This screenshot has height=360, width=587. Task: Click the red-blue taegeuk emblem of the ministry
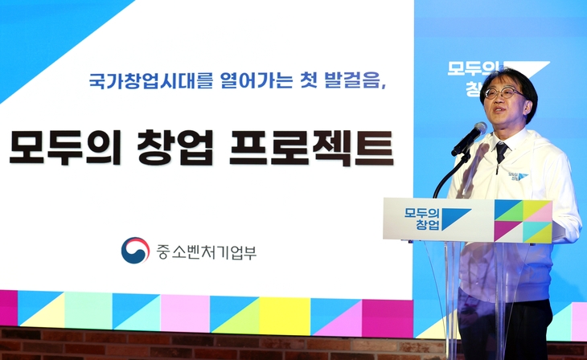[135, 251]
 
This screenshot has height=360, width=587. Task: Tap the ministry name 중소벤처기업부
[206, 252]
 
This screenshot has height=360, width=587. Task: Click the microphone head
[470, 137]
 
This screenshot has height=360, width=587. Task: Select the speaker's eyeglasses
[503, 92]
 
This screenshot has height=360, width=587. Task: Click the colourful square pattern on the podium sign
[522, 221]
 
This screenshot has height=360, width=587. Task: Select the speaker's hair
[508, 78]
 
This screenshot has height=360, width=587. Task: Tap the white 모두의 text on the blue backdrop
[468, 69]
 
